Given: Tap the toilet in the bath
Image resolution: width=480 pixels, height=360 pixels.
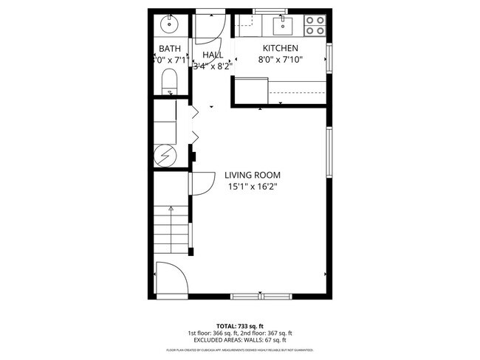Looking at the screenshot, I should pos(169,80).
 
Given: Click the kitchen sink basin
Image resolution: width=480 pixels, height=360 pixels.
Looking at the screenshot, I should pos(283,27).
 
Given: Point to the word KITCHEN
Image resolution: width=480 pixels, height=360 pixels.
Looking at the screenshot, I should pos(281,49).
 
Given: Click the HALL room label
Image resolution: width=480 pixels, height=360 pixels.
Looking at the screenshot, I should pos(213,55).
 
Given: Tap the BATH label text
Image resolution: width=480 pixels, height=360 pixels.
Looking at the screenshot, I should pos(168,49).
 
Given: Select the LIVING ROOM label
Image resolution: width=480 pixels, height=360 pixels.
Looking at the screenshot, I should pos(253,175).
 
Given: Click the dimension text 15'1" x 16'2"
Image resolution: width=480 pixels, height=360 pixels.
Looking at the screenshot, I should pos(253,187).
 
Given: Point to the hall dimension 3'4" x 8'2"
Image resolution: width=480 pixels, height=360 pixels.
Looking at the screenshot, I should pos(213,66).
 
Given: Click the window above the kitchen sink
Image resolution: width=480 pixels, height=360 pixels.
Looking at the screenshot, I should pos(270,10).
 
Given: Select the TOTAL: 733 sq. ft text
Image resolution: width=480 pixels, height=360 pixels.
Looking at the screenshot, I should pos(239,325).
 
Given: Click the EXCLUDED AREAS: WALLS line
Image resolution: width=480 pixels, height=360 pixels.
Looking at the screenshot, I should pos(239,340).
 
